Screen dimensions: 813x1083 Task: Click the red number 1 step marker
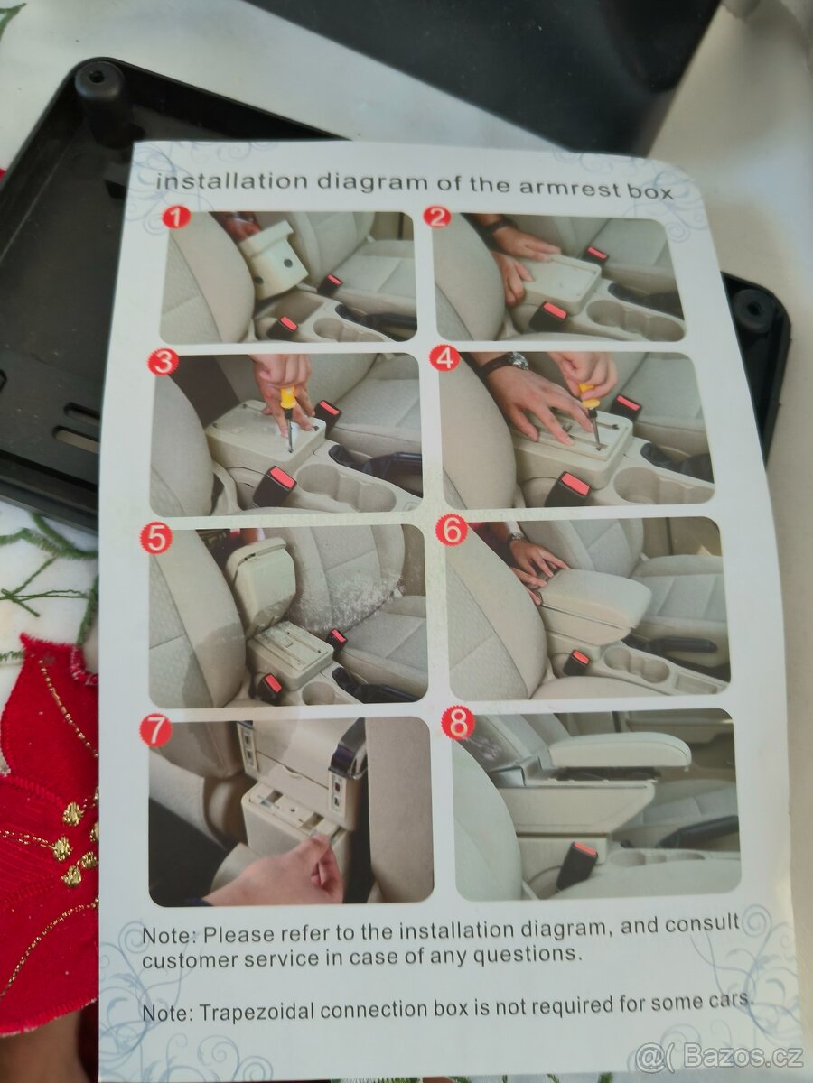[176, 218]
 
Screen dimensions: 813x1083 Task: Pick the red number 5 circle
[155, 539]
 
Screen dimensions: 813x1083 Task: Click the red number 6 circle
[451, 532]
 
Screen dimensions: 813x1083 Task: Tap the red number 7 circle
[155, 732]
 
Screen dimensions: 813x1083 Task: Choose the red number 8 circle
[459, 725]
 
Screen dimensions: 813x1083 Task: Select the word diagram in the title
[370, 182]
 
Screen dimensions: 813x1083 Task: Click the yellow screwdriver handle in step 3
[288, 396]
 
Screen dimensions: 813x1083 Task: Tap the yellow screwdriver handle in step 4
[587, 393]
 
